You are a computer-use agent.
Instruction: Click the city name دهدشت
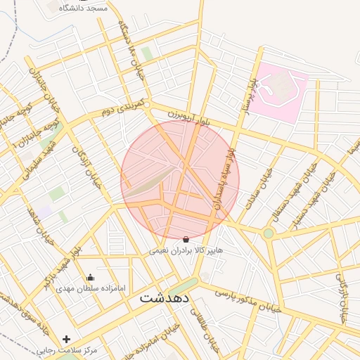tap(165, 297)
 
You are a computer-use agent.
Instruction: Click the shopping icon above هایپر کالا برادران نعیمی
tap(186, 240)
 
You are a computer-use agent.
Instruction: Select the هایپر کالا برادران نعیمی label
tap(186, 250)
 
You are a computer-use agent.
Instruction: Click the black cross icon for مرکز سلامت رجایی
tap(66, 339)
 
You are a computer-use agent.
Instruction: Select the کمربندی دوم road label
tap(122, 108)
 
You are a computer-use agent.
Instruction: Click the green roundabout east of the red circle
tap(268, 233)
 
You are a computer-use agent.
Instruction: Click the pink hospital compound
tap(280, 91)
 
